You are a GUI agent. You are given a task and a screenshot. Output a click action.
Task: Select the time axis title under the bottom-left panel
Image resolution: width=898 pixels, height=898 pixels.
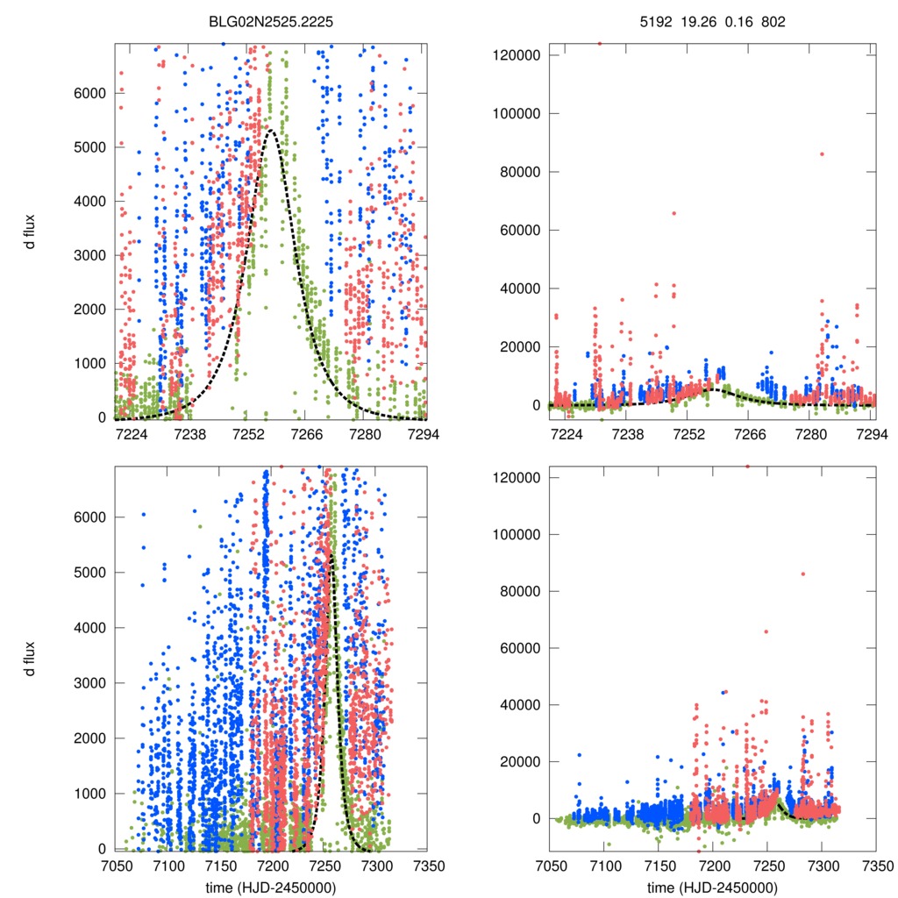click(x=272, y=887)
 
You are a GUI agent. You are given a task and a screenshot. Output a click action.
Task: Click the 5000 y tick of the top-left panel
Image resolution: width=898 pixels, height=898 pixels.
click(x=91, y=147)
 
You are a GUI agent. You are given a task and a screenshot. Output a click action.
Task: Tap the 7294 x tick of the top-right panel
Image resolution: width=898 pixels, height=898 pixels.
click(x=870, y=434)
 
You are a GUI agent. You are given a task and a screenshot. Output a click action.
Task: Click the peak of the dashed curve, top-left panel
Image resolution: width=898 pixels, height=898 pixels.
click(x=270, y=131)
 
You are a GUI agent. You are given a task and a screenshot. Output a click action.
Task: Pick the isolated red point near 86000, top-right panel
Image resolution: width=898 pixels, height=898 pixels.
click(x=822, y=154)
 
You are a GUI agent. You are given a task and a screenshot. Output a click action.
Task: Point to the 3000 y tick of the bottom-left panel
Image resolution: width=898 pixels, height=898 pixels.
click(x=91, y=682)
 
